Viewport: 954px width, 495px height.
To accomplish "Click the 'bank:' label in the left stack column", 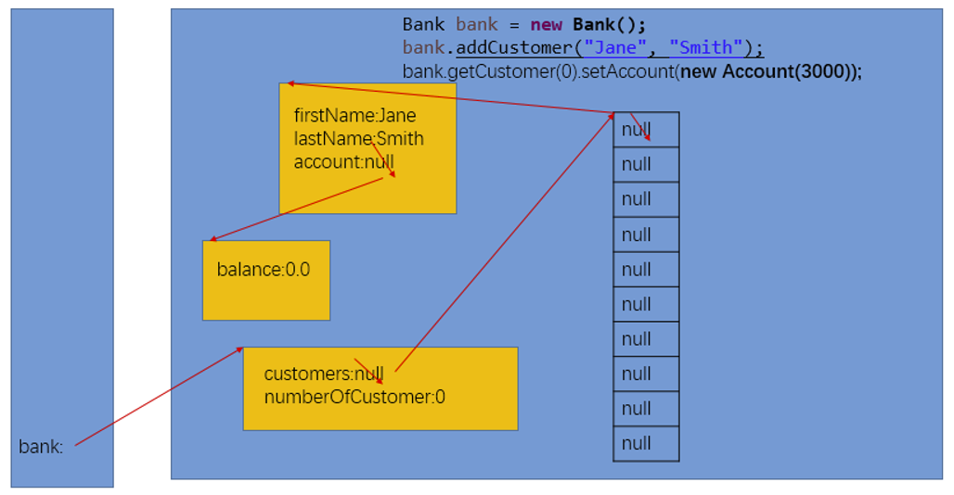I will (x=41, y=447).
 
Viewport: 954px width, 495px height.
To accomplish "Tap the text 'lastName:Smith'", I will (x=358, y=139).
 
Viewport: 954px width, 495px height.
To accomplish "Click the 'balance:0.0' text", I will (x=264, y=270).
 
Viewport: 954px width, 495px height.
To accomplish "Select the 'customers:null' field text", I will (x=323, y=374).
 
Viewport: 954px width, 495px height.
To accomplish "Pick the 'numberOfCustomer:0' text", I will (x=355, y=398).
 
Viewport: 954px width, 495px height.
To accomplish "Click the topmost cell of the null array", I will (x=646, y=130).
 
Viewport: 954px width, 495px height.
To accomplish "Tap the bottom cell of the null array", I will (x=646, y=443).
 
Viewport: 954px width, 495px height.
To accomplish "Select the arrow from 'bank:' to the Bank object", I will (x=158, y=397).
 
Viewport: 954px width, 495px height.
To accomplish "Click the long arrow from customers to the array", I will (x=506, y=241).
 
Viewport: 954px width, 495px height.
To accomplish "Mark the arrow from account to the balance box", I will (x=297, y=209).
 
